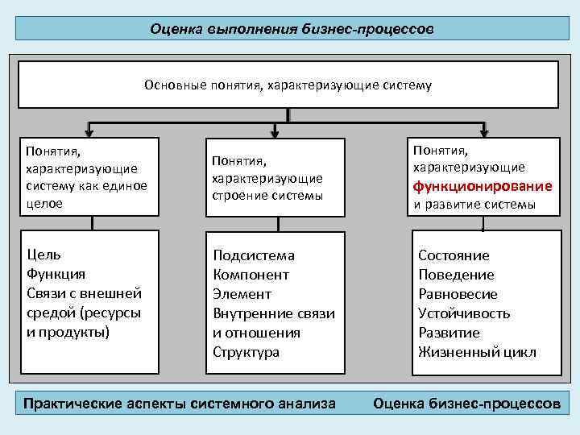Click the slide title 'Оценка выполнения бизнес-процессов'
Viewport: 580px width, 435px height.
point(292,29)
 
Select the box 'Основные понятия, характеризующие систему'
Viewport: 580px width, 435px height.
point(288,84)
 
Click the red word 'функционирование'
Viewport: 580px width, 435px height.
point(483,186)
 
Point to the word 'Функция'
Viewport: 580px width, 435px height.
point(56,274)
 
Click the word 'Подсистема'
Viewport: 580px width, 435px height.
point(254,255)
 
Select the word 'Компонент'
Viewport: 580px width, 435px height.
point(251,275)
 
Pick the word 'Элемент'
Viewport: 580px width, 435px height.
point(242,294)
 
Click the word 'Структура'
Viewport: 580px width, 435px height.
point(246,352)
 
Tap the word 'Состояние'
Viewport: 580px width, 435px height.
point(454,255)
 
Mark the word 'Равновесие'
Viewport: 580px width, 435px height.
point(458,294)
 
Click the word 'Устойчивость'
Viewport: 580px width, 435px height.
point(464,313)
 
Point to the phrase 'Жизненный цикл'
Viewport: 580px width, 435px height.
point(477,352)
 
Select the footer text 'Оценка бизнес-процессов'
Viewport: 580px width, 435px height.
point(466,403)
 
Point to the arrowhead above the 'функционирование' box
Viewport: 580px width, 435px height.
point(484,132)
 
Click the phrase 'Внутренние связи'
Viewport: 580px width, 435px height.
point(274,313)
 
